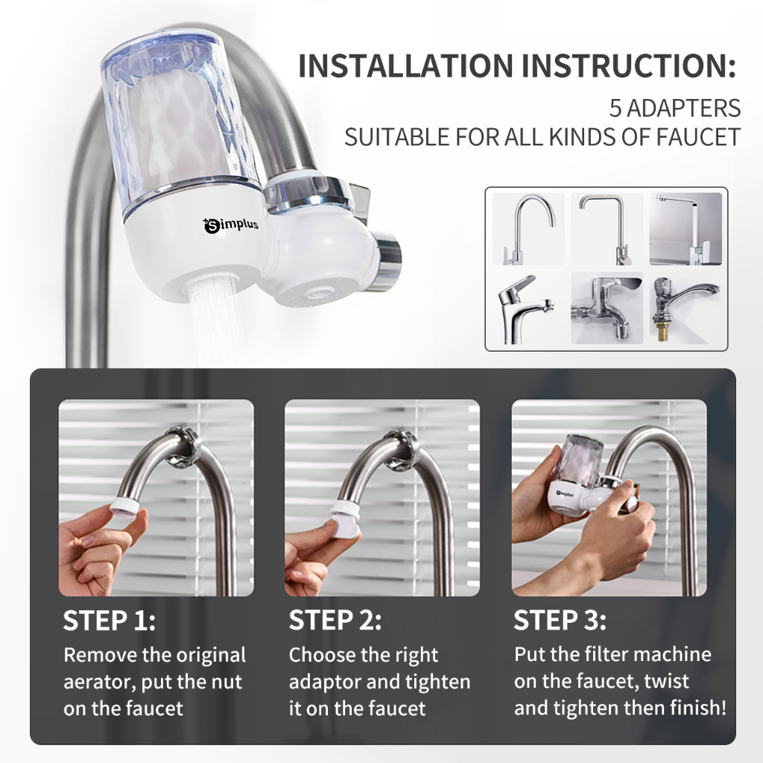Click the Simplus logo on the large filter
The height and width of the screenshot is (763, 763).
[230, 225]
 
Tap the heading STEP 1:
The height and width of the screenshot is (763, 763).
[110, 621]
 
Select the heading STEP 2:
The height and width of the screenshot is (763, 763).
[335, 621]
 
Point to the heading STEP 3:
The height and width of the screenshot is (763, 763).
[560, 621]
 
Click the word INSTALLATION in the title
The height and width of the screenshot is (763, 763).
[406, 66]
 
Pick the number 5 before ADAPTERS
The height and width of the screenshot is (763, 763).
[615, 108]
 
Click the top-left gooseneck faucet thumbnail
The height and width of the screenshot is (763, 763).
[528, 229]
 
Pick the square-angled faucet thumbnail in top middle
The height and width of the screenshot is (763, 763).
[607, 229]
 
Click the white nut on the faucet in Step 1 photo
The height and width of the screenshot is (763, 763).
[124, 507]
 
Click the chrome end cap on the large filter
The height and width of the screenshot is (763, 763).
[387, 260]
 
